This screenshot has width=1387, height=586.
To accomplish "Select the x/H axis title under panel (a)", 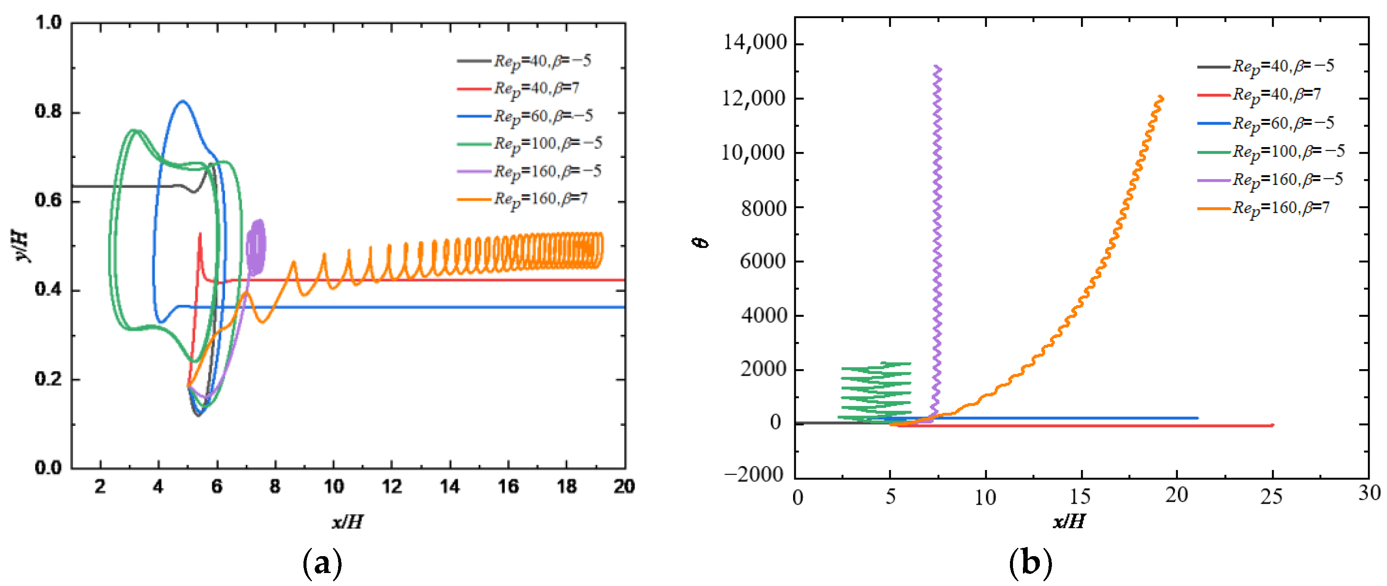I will tap(347, 522).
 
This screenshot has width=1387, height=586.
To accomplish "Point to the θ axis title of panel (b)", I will tap(701, 243).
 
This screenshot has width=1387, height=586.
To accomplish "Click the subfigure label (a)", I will tap(323, 563).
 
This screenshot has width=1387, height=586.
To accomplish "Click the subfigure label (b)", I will tap(1030, 563).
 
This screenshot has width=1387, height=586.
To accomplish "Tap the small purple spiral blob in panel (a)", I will tap(256, 245).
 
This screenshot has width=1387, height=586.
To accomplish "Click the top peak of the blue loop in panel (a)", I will tap(183, 101).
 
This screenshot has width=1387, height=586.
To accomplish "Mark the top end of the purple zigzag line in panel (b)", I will tap(937, 67).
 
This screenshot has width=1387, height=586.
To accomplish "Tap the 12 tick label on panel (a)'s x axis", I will tap(391, 486).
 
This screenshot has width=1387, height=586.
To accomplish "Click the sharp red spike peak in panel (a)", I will tap(200, 234).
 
